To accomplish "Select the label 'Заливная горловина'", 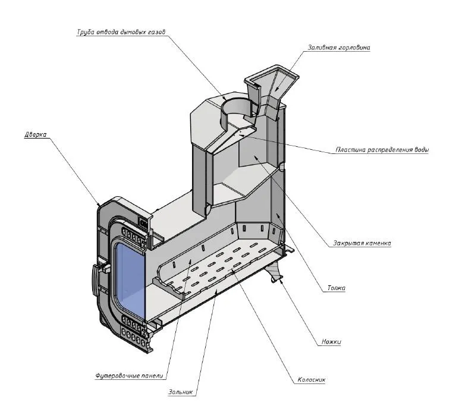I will (x=339, y=47).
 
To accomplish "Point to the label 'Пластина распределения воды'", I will (x=382, y=150).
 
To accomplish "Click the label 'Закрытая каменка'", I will (x=363, y=243).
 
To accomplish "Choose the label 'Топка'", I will (x=336, y=288).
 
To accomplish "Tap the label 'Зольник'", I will (x=182, y=392).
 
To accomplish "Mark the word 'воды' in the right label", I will (x=420, y=150).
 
